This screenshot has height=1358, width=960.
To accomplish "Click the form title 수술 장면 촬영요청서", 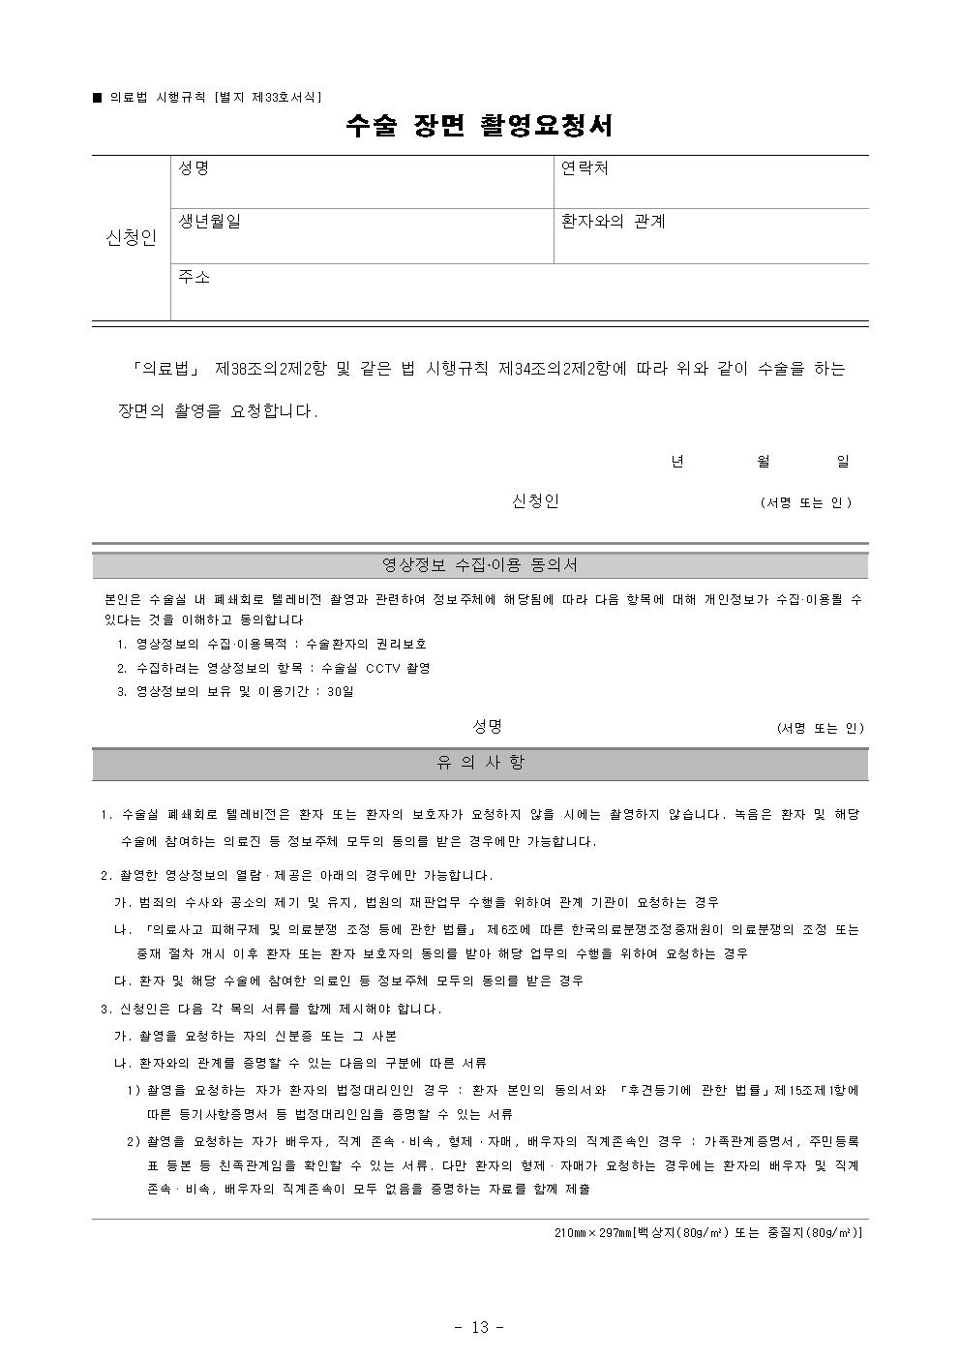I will pos(480,126).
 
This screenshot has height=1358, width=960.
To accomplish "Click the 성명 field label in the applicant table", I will pos(194,168).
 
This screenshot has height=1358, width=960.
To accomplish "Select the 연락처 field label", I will pos(585,168).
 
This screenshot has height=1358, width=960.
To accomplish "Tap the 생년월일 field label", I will pos(209,222).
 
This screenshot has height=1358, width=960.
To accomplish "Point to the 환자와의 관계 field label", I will pos(613,222).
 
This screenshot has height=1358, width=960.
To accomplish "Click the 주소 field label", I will pos(194,278).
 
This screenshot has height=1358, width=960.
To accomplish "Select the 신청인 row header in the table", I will pos(131,238).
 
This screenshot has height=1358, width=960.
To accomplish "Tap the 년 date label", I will pos(677,462).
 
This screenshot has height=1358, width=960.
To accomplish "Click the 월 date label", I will pos(764,462).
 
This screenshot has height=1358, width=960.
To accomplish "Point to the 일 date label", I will pos(843,462).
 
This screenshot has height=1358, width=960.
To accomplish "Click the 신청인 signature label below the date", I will pos(535,501).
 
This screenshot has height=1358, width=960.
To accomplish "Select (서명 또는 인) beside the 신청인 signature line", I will pos(806,502).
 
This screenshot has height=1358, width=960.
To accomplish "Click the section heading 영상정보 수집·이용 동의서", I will pos(480,565).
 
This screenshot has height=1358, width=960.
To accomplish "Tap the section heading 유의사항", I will pos(480,764).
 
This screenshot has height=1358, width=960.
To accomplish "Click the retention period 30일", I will pos(341,692).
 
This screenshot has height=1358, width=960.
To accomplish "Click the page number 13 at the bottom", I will pos(480,1327).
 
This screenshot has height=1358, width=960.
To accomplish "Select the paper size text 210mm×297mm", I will pos(591,1233).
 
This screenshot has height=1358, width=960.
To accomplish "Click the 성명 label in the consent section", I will pos(487,727).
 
